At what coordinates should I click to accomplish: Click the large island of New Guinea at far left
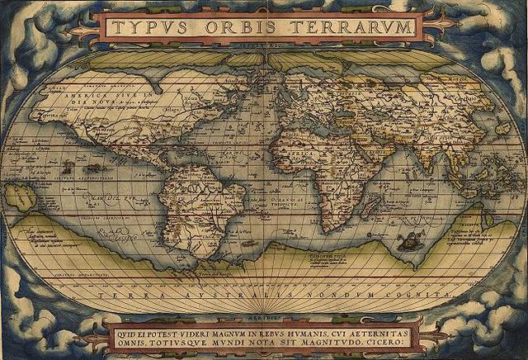(x=20, y=197)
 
